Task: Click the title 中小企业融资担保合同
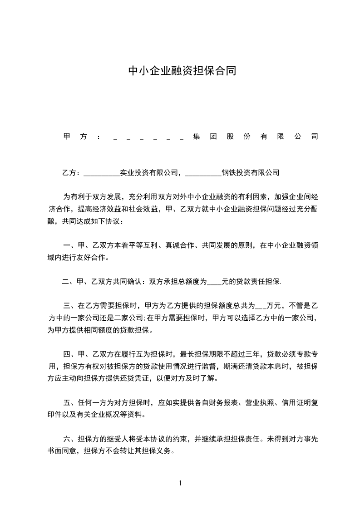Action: pyautogui.click(x=182, y=71)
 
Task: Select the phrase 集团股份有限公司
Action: pyautogui.click(x=255, y=137)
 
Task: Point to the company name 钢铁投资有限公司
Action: pyautogui.click(x=250, y=172)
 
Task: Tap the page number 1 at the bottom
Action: pyautogui.click(x=180, y=483)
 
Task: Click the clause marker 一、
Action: pyautogui.click(x=70, y=245)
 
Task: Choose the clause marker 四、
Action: pyautogui.click(x=70, y=354)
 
